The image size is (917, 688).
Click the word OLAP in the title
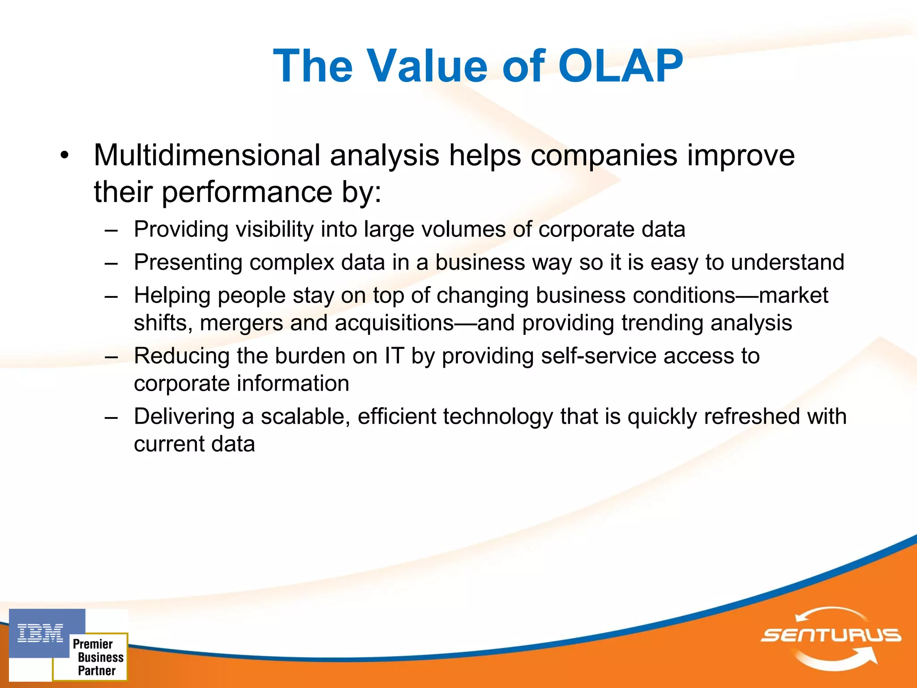(x=620, y=66)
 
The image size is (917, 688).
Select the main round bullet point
(x=65, y=155)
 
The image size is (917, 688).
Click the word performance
(x=247, y=192)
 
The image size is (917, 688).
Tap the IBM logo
(x=40, y=633)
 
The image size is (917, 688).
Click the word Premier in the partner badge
(x=93, y=644)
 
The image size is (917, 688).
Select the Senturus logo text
(x=831, y=635)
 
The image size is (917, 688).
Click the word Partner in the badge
(x=97, y=671)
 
